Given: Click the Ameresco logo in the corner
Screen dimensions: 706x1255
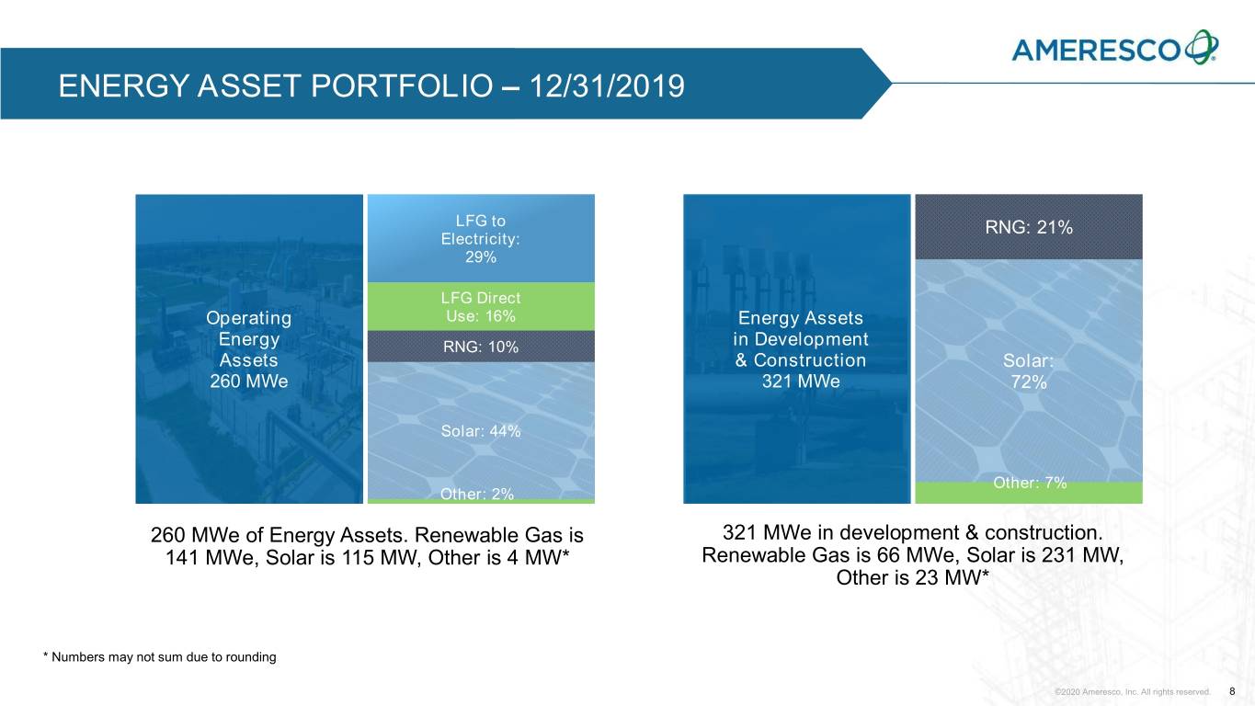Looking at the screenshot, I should click(x=1115, y=48).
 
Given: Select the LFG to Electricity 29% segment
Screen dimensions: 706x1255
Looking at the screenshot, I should click(x=481, y=239).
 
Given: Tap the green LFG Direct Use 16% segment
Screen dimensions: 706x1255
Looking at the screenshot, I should click(x=481, y=307).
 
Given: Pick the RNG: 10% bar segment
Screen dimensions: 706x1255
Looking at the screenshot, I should click(x=481, y=347).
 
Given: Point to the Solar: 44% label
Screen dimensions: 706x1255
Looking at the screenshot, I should click(x=481, y=431).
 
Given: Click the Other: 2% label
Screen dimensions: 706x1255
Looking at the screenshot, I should click(x=477, y=495).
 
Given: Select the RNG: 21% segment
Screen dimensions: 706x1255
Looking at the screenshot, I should click(x=1029, y=228).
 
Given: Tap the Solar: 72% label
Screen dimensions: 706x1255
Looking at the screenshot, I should click(x=1029, y=372).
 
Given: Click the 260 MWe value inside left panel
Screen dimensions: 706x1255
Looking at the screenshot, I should click(x=249, y=381).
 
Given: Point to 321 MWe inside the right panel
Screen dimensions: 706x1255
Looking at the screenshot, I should click(x=801, y=381).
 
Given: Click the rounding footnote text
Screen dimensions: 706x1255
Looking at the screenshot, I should click(x=160, y=657).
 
